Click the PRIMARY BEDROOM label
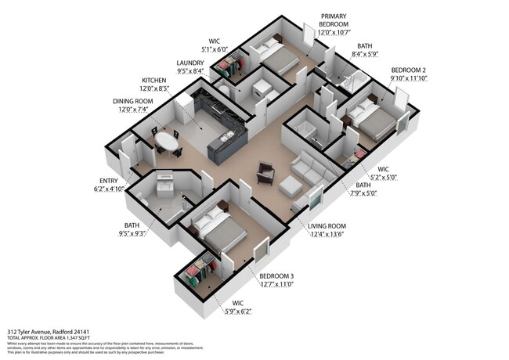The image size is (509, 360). [x=333, y=20]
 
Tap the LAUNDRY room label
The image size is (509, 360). [x=190, y=63]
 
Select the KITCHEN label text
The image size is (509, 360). [x=153, y=81]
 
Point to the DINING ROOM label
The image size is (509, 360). [x=132, y=102]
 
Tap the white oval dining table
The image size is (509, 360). [x=165, y=141]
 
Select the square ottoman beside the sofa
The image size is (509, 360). [x=290, y=186]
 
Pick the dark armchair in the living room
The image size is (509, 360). [x=266, y=172]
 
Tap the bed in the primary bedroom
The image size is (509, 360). [x=275, y=56]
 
